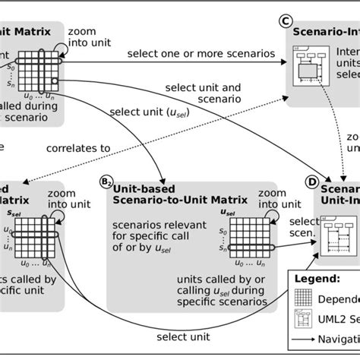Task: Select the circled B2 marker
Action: [x=108, y=182]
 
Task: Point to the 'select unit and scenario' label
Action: [x=215, y=92]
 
